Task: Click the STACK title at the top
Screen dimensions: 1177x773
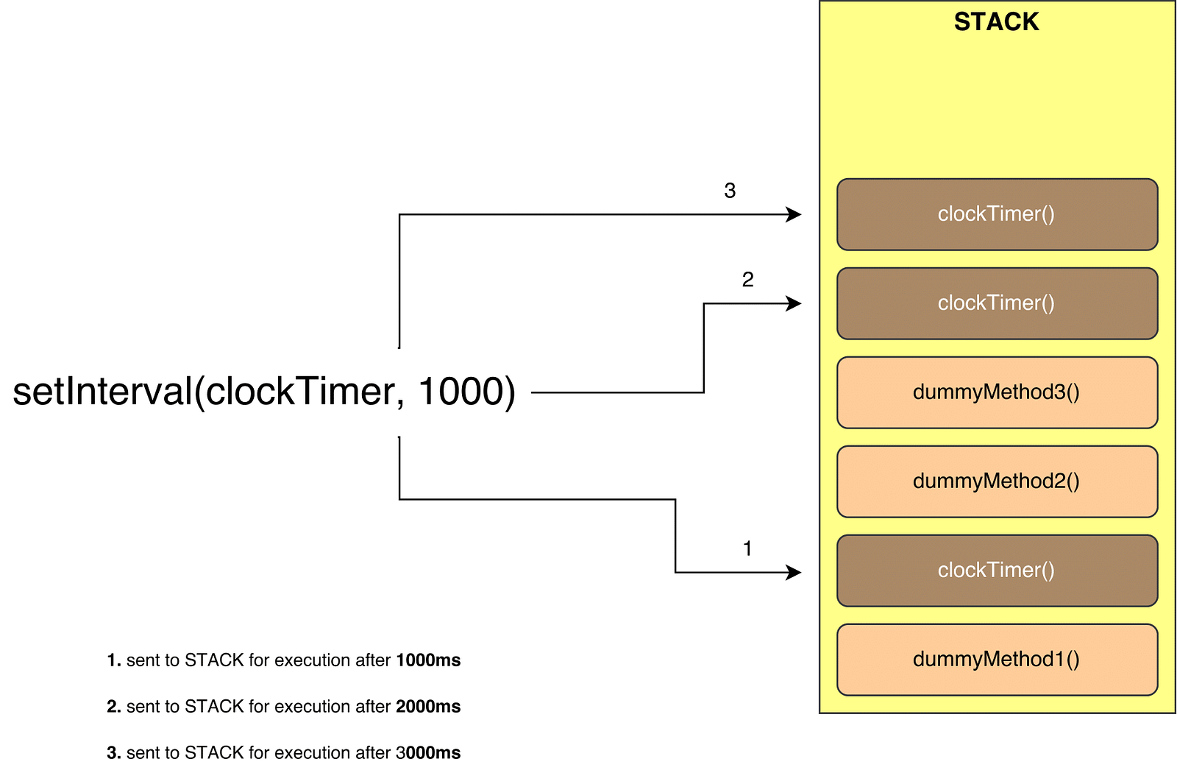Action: [996, 22]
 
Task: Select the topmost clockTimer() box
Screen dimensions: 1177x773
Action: [998, 214]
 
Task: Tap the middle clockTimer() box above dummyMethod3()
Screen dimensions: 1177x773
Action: [998, 303]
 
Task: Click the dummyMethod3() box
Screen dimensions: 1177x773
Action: [998, 393]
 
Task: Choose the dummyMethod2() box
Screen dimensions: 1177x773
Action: [998, 481]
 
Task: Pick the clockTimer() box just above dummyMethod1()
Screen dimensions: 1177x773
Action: [998, 571]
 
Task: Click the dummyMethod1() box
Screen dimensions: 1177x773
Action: [998, 660]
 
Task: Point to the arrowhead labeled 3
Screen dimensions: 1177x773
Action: [794, 214]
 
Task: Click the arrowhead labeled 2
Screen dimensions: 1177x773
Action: [794, 303]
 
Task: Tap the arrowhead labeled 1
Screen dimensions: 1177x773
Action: [794, 572]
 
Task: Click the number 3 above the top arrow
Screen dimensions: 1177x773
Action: [730, 191]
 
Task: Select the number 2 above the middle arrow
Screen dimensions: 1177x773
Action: [747, 279]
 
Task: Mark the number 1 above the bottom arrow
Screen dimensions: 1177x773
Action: [747, 548]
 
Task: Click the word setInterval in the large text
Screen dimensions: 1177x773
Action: [103, 392]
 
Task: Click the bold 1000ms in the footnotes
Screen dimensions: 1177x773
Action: [428, 660]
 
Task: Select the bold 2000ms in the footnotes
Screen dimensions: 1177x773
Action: [428, 707]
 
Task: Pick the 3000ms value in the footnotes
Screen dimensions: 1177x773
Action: [428, 753]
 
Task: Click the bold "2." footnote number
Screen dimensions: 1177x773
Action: [114, 707]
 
